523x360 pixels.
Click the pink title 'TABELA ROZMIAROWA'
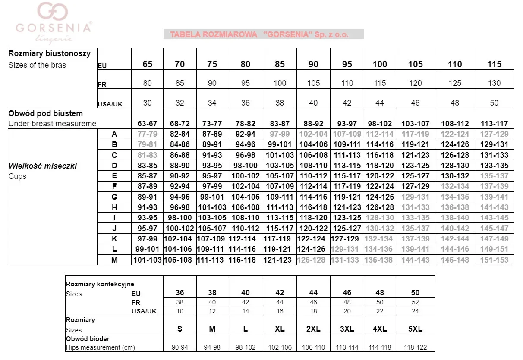point(214,34)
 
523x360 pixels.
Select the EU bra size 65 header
point(148,64)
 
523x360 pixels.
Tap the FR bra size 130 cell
point(494,83)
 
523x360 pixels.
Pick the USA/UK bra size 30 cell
point(148,103)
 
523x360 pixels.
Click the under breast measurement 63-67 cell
point(148,124)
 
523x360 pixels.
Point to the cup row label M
point(114,260)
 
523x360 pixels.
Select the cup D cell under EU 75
point(212,166)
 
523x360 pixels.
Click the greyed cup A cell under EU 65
point(148,134)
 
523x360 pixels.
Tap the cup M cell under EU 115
point(494,260)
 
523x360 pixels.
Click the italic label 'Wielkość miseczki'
point(43,166)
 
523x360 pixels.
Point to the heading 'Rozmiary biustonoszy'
point(50,54)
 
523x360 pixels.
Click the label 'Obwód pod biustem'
point(46,113)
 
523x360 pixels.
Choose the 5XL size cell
point(415,329)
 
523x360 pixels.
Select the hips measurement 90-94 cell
point(180,347)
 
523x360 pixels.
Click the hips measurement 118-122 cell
point(415,347)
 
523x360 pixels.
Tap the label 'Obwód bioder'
point(88,339)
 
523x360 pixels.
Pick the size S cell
point(180,329)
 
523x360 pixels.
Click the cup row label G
point(114,197)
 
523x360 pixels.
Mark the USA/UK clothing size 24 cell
point(415,311)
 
